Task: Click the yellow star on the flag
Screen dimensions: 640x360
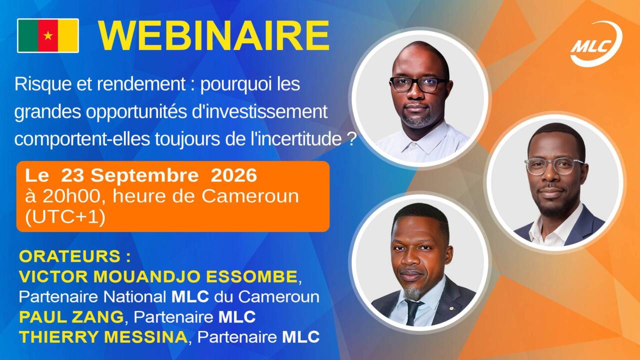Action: pyautogui.click(x=48, y=35)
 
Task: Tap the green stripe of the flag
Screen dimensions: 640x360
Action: pyautogui.click(x=28, y=35)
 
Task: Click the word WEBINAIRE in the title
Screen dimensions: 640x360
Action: pyautogui.click(x=214, y=36)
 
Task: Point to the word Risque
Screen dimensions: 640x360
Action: pyautogui.click(x=43, y=84)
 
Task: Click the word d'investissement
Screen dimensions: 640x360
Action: pyautogui.click(x=259, y=111)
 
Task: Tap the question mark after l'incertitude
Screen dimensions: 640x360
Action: pyautogui.click(x=351, y=139)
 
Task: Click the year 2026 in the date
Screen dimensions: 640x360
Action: pyautogui.click(x=233, y=175)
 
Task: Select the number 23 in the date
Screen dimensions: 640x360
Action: pyautogui.click(x=72, y=175)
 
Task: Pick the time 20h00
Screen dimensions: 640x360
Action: pyautogui.click(x=71, y=196)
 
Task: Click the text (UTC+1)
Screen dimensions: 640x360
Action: pyautogui.click(x=65, y=217)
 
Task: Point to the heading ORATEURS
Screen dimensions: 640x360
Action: pyautogui.click(x=69, y=256)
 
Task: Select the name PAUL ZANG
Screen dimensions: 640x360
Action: pyautogui.click(x=71, y=317)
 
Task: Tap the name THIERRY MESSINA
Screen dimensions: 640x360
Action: pyautogui.click(x=103, y=337)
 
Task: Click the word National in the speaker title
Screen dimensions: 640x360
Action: pyautogui.click(x=134, y=297)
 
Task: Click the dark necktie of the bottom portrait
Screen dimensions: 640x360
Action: pyautogui.click(x=413, y=311)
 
